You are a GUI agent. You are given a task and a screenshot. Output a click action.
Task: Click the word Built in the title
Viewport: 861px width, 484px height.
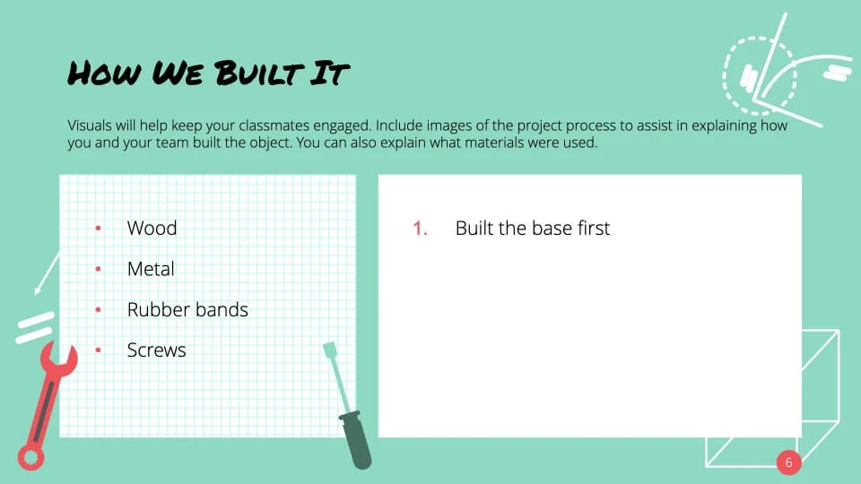pos(259,73)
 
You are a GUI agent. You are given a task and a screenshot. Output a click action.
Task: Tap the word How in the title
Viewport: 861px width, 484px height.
pos(104,73)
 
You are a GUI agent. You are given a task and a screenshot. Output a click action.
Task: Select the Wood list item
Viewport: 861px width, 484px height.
pos(152,228)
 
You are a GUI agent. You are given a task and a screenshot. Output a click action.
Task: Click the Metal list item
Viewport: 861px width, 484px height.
pos(151,269)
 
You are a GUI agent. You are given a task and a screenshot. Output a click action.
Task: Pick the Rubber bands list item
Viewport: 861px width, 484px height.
pos(187,309)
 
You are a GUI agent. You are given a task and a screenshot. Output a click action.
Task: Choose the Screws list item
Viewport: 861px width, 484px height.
pos(156,350)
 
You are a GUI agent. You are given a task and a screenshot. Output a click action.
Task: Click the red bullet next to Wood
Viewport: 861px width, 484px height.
pos(98,229)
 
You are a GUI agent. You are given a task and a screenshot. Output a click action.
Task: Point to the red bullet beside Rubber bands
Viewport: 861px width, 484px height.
pos(98,309)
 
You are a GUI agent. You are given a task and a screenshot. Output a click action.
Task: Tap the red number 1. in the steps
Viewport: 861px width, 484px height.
pos(420,229)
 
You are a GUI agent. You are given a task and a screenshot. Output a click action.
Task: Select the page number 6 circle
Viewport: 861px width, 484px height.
pos(788,462)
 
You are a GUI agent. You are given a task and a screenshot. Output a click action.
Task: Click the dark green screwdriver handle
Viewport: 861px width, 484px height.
pos(356,440)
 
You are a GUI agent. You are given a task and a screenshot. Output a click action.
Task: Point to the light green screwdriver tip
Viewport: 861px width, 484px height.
pos(330,350)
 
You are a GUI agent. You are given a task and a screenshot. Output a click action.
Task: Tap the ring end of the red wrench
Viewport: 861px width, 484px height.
pos(30,456)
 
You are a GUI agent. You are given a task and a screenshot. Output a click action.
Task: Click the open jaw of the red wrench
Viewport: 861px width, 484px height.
pos(58,359)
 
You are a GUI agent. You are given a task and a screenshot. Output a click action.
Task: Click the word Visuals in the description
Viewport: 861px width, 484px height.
pos(90,125)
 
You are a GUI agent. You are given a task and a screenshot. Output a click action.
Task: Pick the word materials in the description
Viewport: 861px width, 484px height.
pos(493,143)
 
